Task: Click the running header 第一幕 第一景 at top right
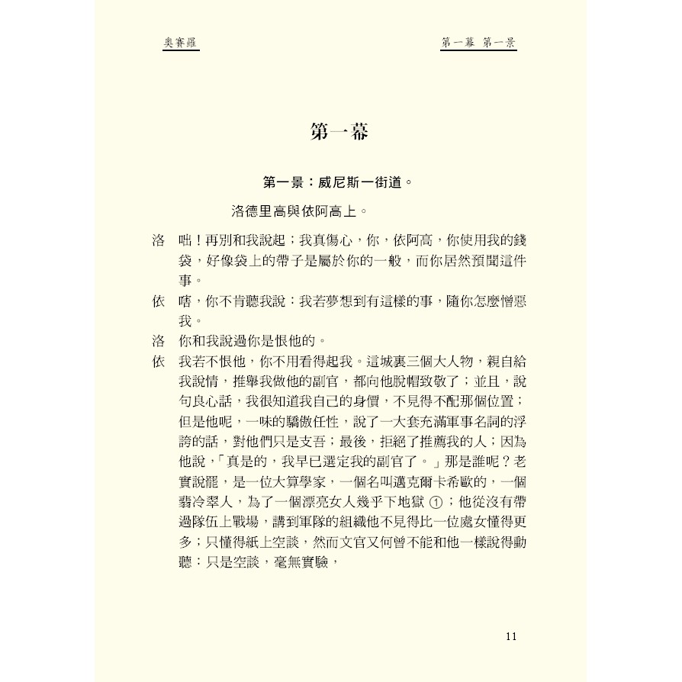click(x=479, y=43)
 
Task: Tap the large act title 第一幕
click(x=340, y=131)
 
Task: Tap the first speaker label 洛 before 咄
click(x=159, y=240)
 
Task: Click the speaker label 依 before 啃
click(x=159, y=301)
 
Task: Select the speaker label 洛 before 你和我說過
click(x=159, y=340)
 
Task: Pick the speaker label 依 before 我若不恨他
click(x=159, y=361)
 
